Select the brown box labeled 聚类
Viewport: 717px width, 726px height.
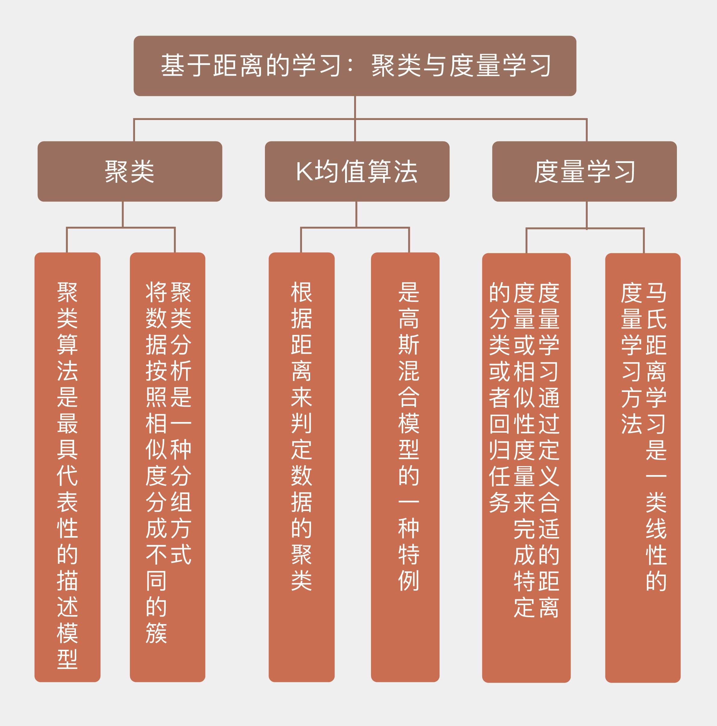pyautogui.click(x=130, y=171)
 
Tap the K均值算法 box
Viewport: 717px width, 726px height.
pyautogui.click(x=357, y=171)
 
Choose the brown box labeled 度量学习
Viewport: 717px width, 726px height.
pyautogui.click(x=584, y=171)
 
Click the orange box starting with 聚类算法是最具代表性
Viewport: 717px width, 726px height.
pyautogui.click(x=67, y=466)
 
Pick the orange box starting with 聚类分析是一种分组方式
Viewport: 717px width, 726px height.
pyautogui.click(x=167, y=466)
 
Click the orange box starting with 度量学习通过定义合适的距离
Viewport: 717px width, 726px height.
pyautogui.click(x=526, y=466)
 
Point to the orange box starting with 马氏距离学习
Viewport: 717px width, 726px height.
pyautogui.click(x=642, y=466)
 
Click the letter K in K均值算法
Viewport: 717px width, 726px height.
pyautogui.click(x=304, y=171)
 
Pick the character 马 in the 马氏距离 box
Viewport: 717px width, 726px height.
pyautogui.click(x=656, y=293)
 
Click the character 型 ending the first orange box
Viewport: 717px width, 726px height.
pyautogui.click(x=68, y=659)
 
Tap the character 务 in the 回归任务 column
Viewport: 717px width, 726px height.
pyautogui.click(x=499, y=502)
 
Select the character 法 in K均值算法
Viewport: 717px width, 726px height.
pyautogui.click(x=406, y=171)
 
